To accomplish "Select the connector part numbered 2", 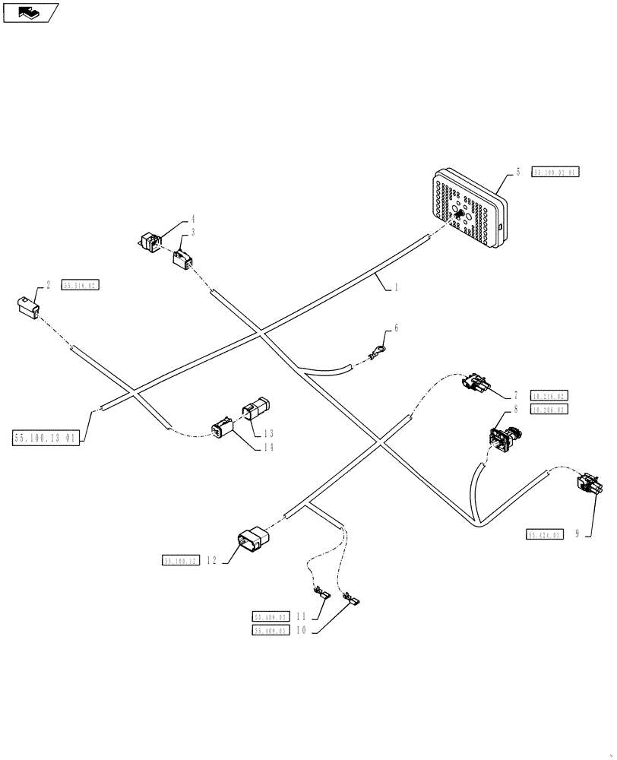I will [x=27, y=306].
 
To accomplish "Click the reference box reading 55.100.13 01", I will [x=45, y=439].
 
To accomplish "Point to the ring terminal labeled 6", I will [x=377, y=351].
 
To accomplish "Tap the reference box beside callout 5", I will [x=555, y=173].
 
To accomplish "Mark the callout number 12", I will [x=212, y=561].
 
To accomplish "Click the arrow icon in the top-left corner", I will [x=30, y=11].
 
